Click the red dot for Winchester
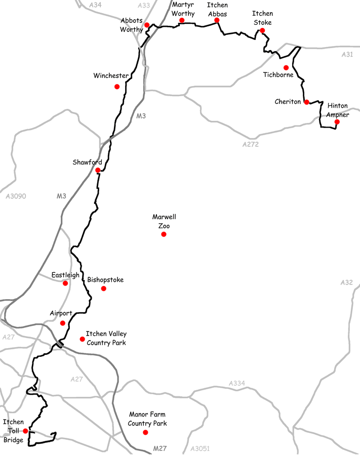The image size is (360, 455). click(x=117, y=87)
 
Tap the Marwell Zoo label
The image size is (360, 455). click(x=164, y=221)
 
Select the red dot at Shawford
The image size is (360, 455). click(x=98, y=170)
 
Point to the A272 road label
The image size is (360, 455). click(x=251, y=144)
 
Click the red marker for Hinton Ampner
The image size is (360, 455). click(x=337, y=121)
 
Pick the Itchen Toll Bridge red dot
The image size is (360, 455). click(x=25, y=431)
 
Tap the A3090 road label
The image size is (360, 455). click(x=15, y=195)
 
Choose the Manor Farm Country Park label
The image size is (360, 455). click(x=147, y=419)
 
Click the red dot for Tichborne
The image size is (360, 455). click(x=286, y=67)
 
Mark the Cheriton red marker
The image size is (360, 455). click(x=306, y=102)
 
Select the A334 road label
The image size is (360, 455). click(x=236, y=384)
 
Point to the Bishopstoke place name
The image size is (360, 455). click(x=105, y=279)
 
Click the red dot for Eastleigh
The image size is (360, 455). click(x=65, y=283)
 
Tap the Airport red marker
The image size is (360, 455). click(x=63, y=323)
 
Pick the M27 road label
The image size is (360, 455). click(x=161, y=448)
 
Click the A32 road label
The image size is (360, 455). click(x=346, y=282)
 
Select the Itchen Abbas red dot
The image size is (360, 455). click(x=217, y=20)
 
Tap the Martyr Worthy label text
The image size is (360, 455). click(x=183, y=9)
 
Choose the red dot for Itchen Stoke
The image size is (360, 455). click(x=262, y=30)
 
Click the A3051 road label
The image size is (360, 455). click(x=201, y=448)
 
